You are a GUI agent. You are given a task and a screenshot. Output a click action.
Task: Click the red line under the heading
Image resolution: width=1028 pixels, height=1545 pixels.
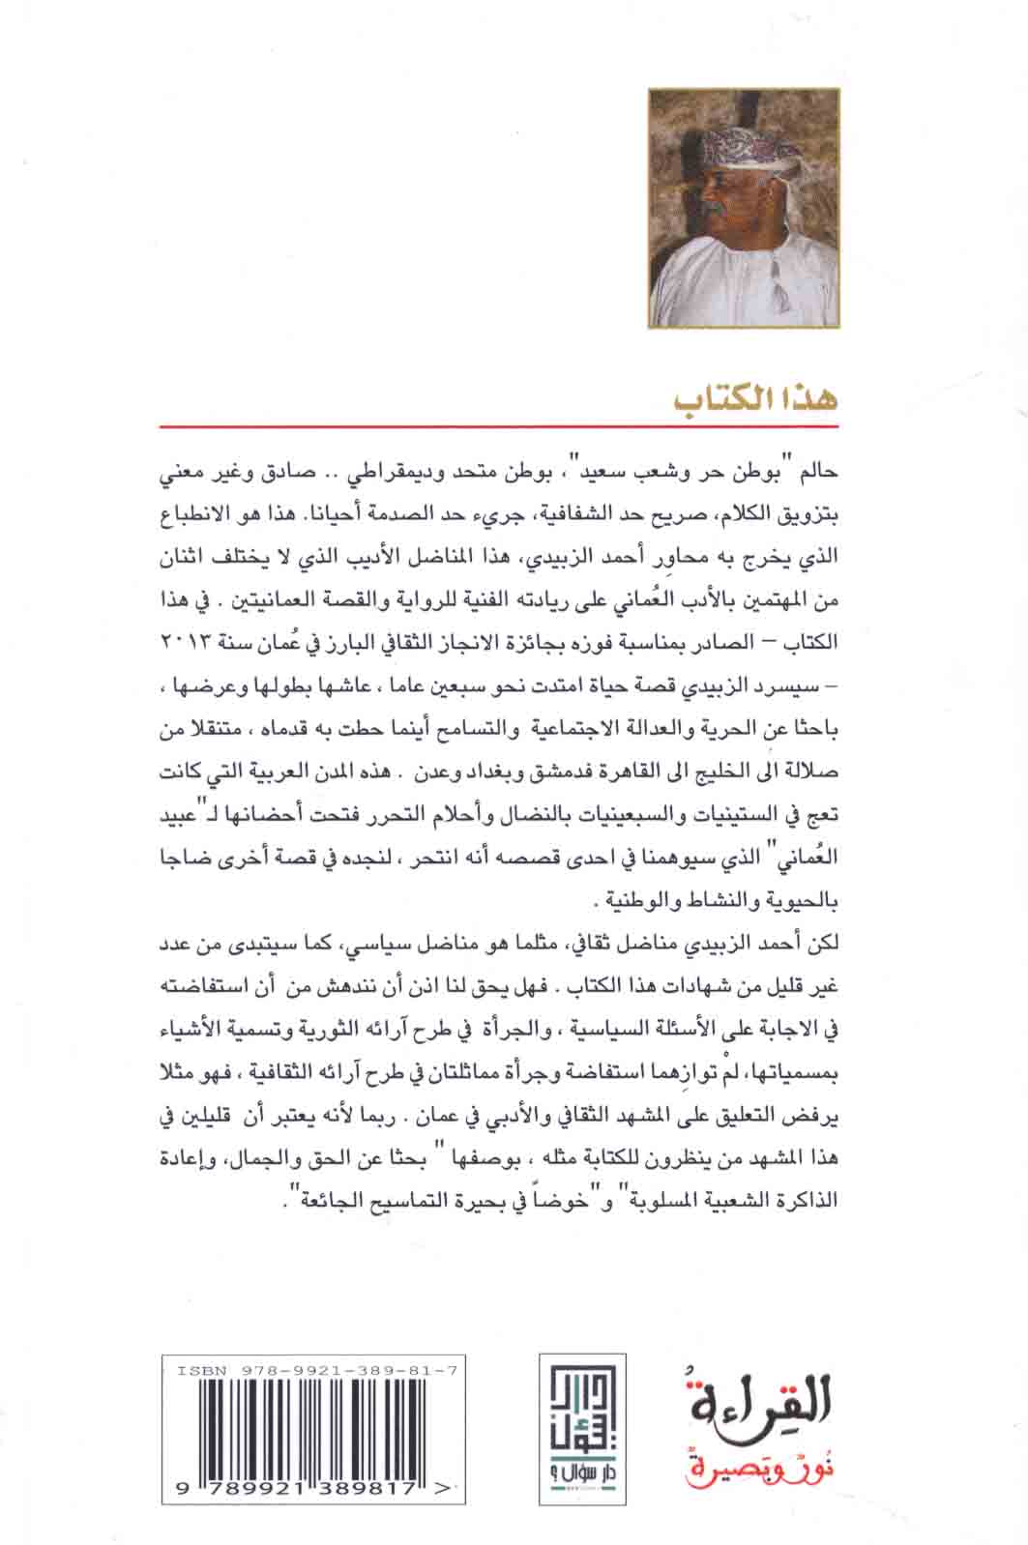pyautogui.click(x=498, y=425)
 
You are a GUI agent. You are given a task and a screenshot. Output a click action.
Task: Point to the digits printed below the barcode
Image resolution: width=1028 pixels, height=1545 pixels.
pyautogui.click(x=299, y=1491)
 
